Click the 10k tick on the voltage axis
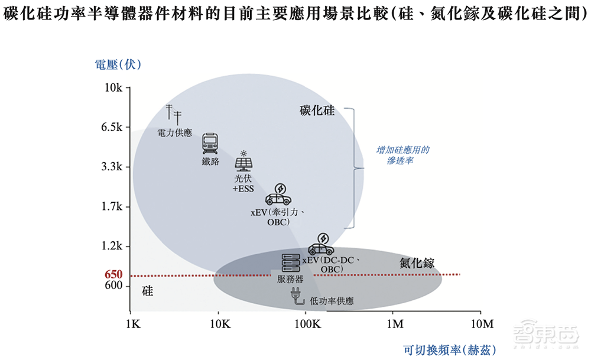[x=113, y=87]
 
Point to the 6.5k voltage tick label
[x=111, y=127]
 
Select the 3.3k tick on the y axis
[x=111, y=167]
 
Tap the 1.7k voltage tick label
[x=111, y=206]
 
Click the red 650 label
[x=113, y=275]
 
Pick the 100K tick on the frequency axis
[x=306, y=324]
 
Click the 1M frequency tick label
[x=394, y=324]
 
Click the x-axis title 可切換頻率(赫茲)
[x=450, y=349]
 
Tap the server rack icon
[x=290, y=262]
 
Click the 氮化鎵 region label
[x=417, y=263]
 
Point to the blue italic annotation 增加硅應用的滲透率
[x=403, y=155]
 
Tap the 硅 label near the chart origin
[x=148, y=291]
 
